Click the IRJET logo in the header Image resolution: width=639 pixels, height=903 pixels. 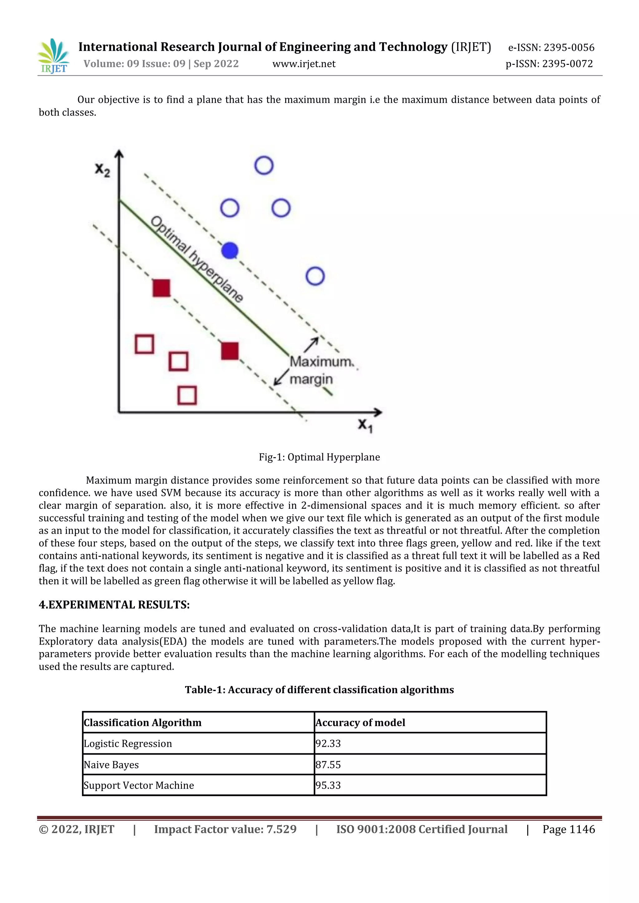pyautogui.click(x=54, y=56)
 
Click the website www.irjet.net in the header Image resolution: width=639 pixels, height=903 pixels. pyautogui.click(x=304, y=64)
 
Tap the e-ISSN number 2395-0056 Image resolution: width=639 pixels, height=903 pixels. pyautogui.click(x=568, y=48)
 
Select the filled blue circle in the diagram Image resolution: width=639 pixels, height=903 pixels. pyautogui.click(x=230, y=251)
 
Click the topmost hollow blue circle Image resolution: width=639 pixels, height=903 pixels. pyautogui.click(x=264, y=165)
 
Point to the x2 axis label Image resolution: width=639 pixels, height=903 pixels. pyautogui.click(x=102, y=170)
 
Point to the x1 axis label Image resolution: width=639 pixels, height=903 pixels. pyautogui.click(x=365, y=425)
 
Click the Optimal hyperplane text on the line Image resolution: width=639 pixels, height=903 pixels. pyautogui.click(x=197, y=259)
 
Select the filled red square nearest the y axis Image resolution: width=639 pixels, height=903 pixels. pyautogui.click(x=161, y=288)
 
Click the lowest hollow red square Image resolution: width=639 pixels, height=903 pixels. pyautogui.click(x=187, y=395)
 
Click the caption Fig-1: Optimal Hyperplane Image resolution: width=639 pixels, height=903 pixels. pyautogui.click(x=319, y=457)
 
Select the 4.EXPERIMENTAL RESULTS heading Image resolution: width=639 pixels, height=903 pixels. pyautogui.click(x=114, y=604)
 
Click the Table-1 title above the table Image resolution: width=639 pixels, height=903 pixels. pyautogui.click(x=319, y=690)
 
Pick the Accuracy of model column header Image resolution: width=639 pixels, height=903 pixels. pyautogui.click(x=360, y=723)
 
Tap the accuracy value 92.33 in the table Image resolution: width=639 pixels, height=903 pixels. pyautogui.click(x=328, y=743)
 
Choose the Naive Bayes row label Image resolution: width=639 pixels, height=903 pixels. pyautogui.click(x=111, y=765)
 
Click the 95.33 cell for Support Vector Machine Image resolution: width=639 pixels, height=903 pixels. pyautogui.click(x=328, y=785)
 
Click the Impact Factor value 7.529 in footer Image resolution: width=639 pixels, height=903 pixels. pyautogui.click(x=225, y=829)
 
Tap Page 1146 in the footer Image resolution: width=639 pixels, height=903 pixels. pyautogui.click(x=568, y=829)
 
